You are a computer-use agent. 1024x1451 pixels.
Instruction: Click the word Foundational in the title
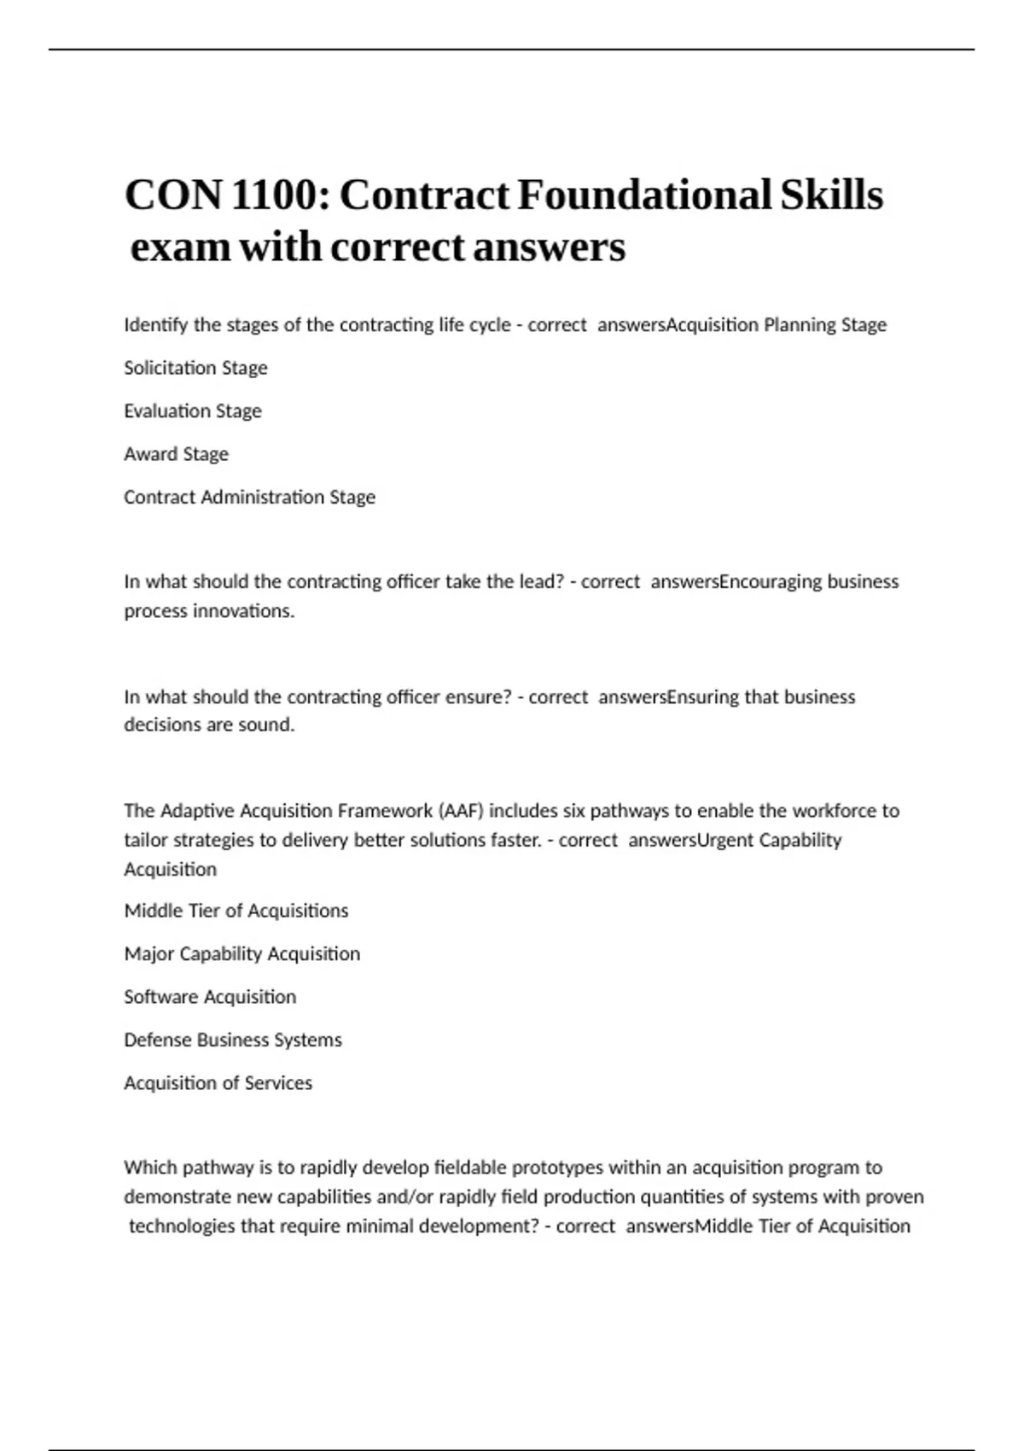tap(643, 195)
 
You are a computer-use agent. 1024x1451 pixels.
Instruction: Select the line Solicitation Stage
tap(195, 368)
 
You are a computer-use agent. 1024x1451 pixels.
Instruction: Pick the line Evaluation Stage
tap(193, 411)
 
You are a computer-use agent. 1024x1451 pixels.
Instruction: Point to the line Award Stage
tap(176, 454)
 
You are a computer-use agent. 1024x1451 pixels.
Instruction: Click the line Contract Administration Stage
tap(249, 498)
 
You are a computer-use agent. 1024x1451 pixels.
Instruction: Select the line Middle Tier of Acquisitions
tap(236, 911)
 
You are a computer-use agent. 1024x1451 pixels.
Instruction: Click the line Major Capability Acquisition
tap(242, 954)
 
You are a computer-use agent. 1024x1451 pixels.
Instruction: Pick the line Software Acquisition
tap(210, 997)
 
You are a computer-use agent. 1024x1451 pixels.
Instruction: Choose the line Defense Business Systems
tap(233, 1040)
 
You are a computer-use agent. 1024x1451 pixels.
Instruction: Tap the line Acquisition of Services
tap(218, 1083)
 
